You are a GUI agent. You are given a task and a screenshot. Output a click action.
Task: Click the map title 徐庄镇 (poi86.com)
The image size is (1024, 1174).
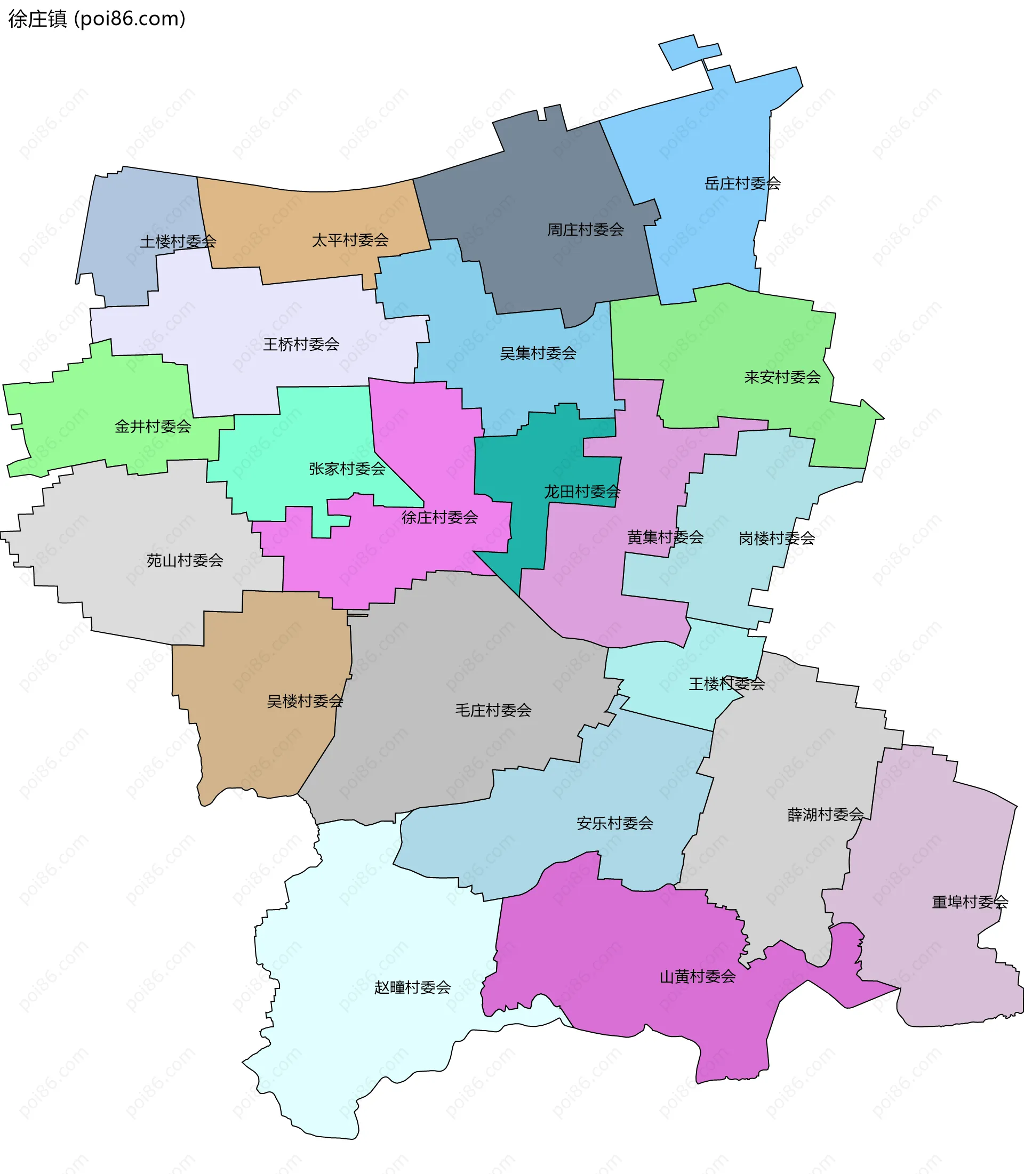[97, 19]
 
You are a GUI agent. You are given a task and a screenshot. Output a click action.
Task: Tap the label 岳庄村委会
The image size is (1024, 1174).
[742, 183]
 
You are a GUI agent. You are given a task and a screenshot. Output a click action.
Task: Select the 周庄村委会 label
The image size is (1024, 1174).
[585, 230]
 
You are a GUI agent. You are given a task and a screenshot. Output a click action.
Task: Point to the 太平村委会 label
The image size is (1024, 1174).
[350, 240]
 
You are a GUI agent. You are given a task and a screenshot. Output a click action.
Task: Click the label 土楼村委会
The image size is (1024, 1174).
[178, 241]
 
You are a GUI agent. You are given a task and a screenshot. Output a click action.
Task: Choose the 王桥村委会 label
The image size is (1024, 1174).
[301, 344]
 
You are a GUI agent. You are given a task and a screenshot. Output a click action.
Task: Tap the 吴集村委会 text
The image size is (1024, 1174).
[538, 353]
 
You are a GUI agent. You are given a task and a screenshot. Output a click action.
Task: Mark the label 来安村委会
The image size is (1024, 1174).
[782, 377]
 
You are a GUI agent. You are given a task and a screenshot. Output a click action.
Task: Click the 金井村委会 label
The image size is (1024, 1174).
[153, 426]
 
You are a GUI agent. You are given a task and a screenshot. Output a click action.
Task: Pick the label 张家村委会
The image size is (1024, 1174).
[347, 469]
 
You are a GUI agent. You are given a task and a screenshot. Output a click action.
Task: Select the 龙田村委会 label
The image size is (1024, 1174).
[582, 492]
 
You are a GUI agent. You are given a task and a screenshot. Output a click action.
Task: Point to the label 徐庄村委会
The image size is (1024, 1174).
[439, 517]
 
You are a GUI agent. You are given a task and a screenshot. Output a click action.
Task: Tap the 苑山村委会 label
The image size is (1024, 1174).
[185, 560]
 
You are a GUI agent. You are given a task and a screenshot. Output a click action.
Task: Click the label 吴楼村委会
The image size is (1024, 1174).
[305, 701]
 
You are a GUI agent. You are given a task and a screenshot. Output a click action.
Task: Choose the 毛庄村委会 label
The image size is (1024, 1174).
[493, 710]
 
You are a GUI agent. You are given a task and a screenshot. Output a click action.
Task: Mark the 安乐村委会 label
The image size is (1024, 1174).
[614, 823]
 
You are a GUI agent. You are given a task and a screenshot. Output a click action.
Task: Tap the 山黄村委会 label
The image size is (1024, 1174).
[697, 976]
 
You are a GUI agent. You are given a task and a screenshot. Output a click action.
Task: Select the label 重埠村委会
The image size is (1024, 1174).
[970, 902]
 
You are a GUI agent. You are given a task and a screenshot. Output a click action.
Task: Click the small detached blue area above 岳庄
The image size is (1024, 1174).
[688, 51]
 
